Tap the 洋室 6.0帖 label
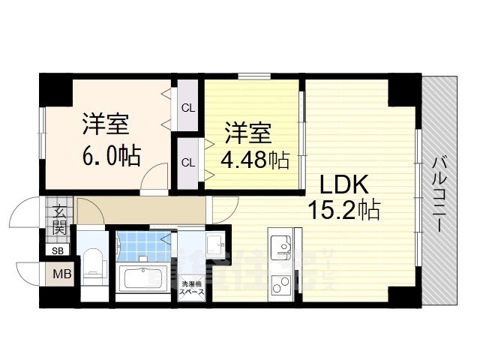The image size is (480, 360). [109, 139]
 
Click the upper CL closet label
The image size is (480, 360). [188, 107]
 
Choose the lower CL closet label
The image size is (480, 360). [188, 161]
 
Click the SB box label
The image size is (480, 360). [58, 251]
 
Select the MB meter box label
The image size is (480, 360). [61, 274]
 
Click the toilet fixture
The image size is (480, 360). [92, 262]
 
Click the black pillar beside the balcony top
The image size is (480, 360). [406, 87]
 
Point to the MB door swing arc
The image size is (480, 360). [28, 271]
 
